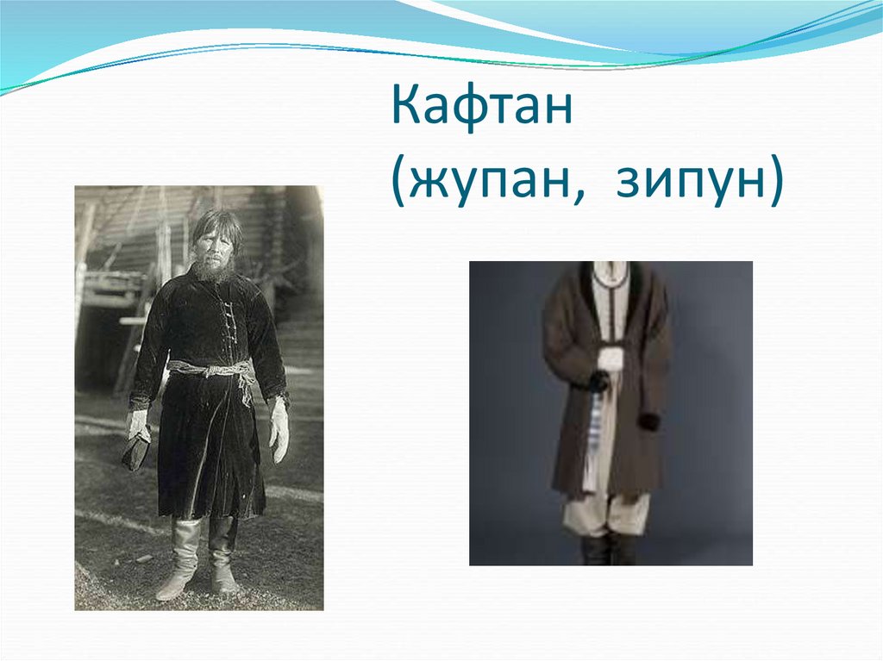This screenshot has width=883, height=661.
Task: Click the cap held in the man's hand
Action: tap(136, 449)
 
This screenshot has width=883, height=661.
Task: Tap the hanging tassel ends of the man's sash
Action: tap(246, 388)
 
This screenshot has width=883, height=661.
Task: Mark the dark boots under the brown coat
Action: tap(609, 548)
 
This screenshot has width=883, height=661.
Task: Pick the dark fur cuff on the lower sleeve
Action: tap(648, 421)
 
